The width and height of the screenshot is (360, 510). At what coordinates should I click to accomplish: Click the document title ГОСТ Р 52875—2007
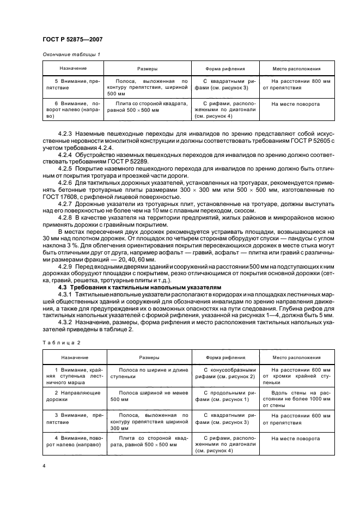tap(72, 39)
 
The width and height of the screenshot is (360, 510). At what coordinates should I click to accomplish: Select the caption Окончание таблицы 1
tap(71, 54)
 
